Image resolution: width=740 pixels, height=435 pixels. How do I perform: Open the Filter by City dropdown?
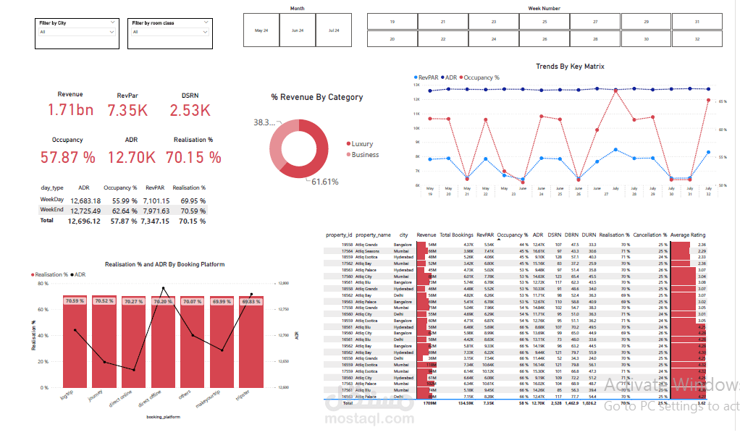77,32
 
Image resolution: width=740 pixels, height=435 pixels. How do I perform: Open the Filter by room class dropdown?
169,32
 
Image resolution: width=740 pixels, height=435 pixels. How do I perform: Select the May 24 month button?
261,30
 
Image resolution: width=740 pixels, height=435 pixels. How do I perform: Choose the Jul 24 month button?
334,30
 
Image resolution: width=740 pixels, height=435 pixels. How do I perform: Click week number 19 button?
392,22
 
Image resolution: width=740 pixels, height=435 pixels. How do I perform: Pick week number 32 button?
697,39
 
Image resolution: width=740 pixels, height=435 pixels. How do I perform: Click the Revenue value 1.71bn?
70,110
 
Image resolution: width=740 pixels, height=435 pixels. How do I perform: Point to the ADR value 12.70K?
131,157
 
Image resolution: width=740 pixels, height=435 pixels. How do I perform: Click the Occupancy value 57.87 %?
67,157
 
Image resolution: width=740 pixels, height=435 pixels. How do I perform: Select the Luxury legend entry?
361,144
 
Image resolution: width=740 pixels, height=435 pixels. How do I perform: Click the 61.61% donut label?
324,182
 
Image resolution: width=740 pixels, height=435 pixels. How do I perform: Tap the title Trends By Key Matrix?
570,67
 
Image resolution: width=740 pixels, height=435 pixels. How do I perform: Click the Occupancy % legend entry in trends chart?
481,77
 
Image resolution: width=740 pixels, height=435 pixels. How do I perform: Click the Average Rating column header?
687,235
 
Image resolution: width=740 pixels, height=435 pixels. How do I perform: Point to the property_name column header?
373,235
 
